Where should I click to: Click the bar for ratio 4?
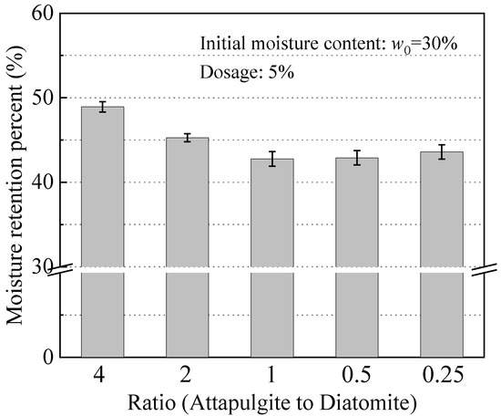point(102,228)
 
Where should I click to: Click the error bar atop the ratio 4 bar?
point(102,107)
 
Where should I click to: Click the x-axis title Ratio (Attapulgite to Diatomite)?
point(271,401)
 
